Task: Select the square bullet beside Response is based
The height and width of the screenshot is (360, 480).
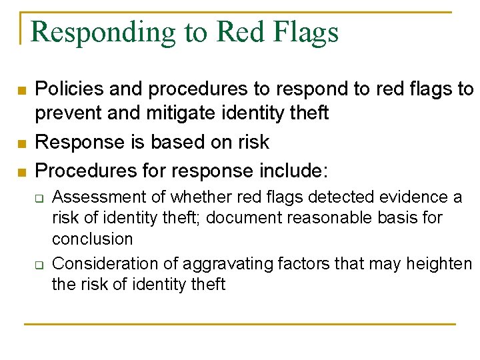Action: tap(21, 143)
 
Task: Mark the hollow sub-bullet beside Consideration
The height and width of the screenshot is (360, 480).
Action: tap(39, 265)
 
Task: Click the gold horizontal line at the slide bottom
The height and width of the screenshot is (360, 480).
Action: tap(239, 324)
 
